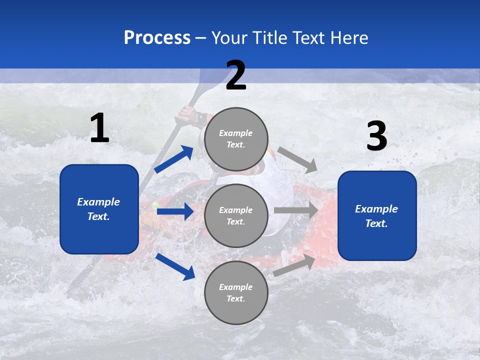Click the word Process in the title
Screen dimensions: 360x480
(x=157, y=38)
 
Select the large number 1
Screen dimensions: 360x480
(x=99, y=129)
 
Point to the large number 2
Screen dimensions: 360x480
(x=236, y=76)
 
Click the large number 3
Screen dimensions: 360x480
(x=376, y=136)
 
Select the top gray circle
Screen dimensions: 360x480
(x=236, y=138)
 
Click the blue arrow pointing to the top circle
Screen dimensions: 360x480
(x=173, y=159)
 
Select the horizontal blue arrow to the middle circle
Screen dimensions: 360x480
(x=175, y=211)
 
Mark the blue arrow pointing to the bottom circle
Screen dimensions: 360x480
(x=175, y=266)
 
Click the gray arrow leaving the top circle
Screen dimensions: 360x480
(x=297, y=159)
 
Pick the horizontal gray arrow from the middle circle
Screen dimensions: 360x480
(x=296, y=210)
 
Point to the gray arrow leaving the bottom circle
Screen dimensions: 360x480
(x=294, y=265)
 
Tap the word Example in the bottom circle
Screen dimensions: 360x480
(x=235, y=287)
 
